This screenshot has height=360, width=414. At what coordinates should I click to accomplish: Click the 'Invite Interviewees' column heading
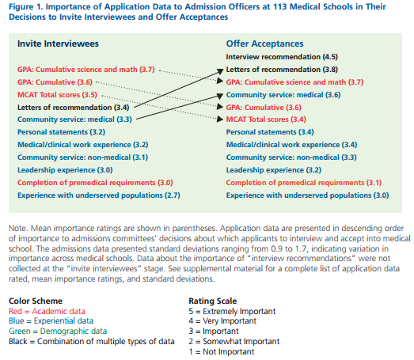coord(58,44)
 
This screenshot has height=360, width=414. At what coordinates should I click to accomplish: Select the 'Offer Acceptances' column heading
coord(265,44)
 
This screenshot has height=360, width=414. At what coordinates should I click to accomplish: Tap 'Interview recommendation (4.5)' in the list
coord(282,57)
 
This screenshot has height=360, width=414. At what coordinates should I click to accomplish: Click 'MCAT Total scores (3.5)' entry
coord(57,95)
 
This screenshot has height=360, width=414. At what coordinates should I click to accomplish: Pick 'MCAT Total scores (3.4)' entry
coord(266,119)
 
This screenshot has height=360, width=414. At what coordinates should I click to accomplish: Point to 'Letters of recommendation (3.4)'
coord(73,108)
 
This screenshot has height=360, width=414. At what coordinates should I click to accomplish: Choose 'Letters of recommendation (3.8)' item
coord(282,70)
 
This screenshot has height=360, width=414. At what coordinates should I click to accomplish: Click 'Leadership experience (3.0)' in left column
coord(65,170)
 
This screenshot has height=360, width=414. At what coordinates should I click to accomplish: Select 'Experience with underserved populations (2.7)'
coord(99,195)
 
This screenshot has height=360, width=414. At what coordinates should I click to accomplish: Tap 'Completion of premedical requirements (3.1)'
coord(304,183)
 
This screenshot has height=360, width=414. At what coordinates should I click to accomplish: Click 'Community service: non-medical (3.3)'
coord(291,157)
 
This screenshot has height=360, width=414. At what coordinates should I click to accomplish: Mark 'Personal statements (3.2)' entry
coord(61,132)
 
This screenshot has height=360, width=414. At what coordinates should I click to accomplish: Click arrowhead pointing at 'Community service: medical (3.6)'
coord(221,96)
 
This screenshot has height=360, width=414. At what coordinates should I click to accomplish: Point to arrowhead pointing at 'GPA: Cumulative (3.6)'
coord(220,107)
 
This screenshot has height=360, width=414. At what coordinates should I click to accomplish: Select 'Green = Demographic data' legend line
coord(58,331)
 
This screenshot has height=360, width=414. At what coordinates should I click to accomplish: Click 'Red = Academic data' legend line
coord(47,311)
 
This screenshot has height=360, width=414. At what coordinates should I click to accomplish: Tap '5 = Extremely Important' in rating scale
coord(232,311)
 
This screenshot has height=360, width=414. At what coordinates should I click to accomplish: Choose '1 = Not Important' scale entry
coord(222,351)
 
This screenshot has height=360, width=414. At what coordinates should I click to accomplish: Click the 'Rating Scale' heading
coord(213,301)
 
